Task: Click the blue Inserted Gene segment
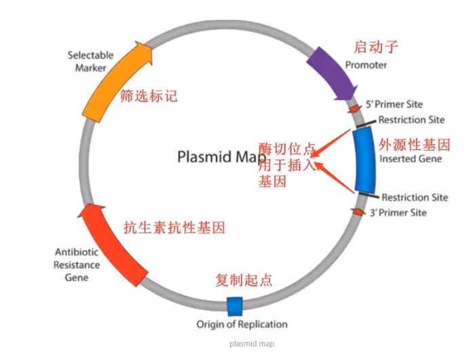pos(365,160)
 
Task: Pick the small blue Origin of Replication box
pos(234,306)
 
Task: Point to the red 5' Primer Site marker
pos(354,108)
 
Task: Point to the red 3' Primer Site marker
pos(358,213)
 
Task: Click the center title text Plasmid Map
pos(217,157)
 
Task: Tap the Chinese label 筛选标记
pos(148,96)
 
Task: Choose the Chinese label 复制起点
pos(244,279)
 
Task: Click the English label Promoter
pos(366,65)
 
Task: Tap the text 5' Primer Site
pos(394,105)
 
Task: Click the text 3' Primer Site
pos(397,213)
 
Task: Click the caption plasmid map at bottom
pos(251,344)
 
